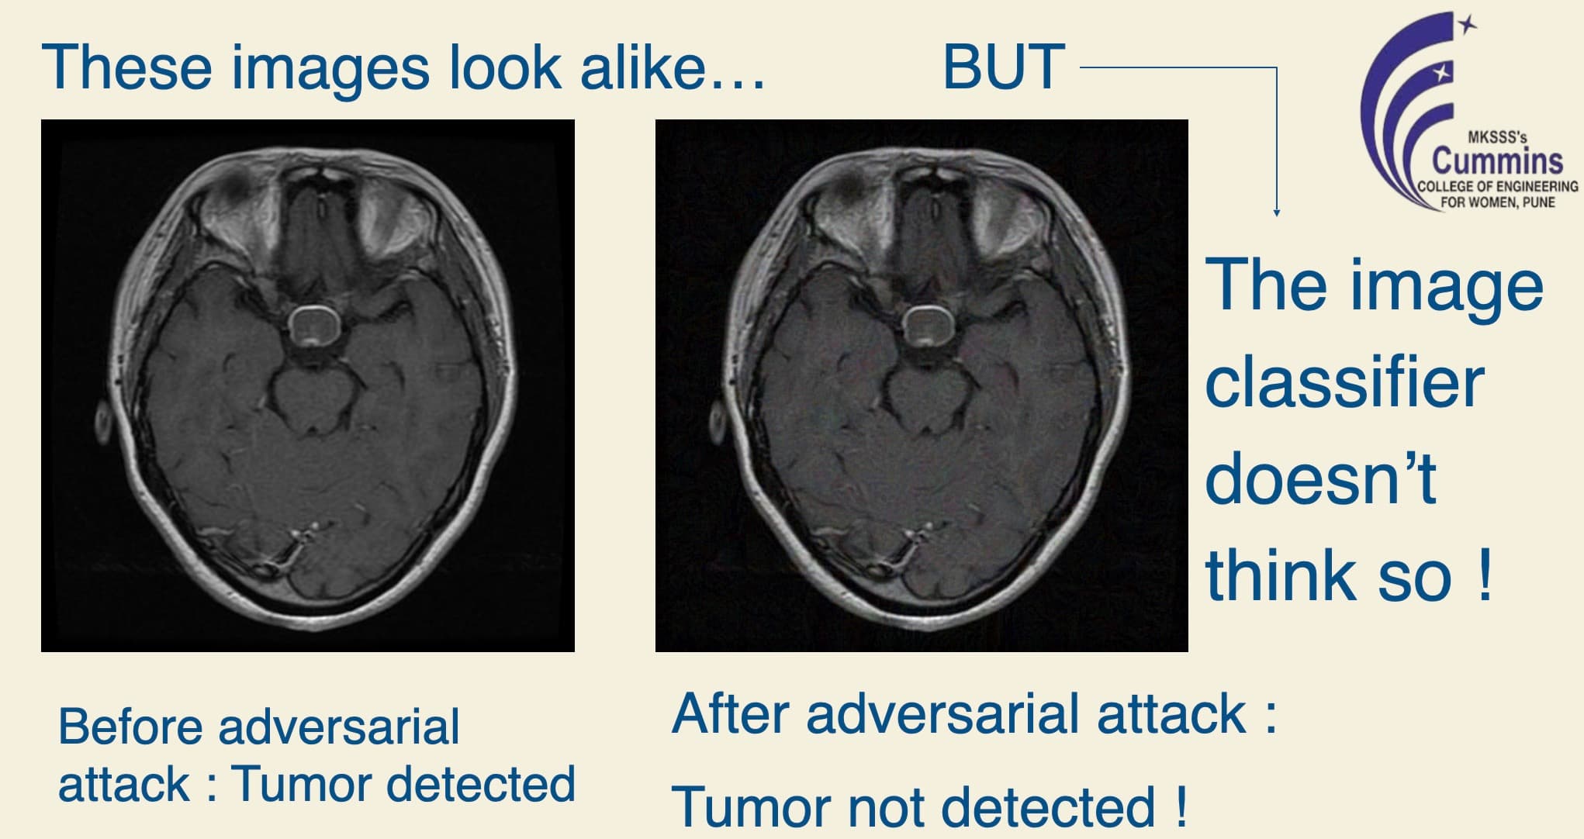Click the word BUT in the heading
pos(1003,67)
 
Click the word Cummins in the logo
pos(1497,161)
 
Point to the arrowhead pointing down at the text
pos(1276,211)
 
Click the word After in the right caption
pos(729,713)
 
